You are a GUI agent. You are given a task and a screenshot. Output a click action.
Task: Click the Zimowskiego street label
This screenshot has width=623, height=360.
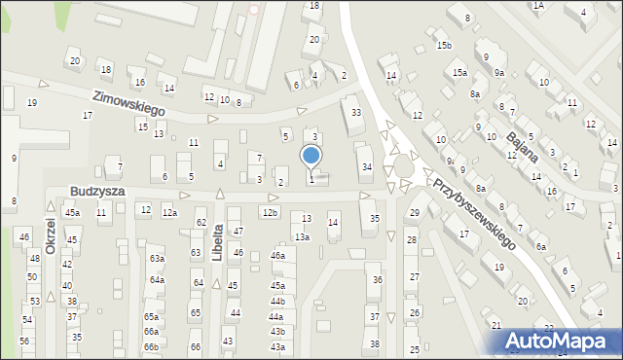[128, 104]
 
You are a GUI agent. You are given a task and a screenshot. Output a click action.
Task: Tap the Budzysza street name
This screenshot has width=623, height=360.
[96, 192]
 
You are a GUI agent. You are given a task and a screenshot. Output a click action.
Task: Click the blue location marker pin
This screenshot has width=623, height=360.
[311, 157]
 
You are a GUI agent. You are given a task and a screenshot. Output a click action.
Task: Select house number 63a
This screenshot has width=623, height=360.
[156, 259]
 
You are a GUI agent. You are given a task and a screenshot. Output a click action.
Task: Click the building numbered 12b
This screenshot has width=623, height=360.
[270, 212]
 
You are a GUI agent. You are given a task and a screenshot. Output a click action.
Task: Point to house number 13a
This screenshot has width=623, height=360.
[303, 236]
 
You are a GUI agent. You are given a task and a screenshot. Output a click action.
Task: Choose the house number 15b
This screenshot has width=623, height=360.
[444, 46]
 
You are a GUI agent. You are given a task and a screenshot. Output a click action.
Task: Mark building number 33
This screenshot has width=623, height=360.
[356, 113]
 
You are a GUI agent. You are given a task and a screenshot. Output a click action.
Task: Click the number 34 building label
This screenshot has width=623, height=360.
[366, 167]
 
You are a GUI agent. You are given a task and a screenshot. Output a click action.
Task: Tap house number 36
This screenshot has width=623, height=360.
[378, 279]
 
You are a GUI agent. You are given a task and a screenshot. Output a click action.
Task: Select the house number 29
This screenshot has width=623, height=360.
[414, 212]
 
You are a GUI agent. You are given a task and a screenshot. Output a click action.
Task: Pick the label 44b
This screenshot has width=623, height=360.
[277, 301]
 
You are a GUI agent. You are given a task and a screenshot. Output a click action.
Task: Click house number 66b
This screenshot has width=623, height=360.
[151, 346]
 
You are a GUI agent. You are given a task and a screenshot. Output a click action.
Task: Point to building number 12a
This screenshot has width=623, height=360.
[169, 212]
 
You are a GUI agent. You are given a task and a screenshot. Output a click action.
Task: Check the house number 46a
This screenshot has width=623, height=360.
[277, 256]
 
